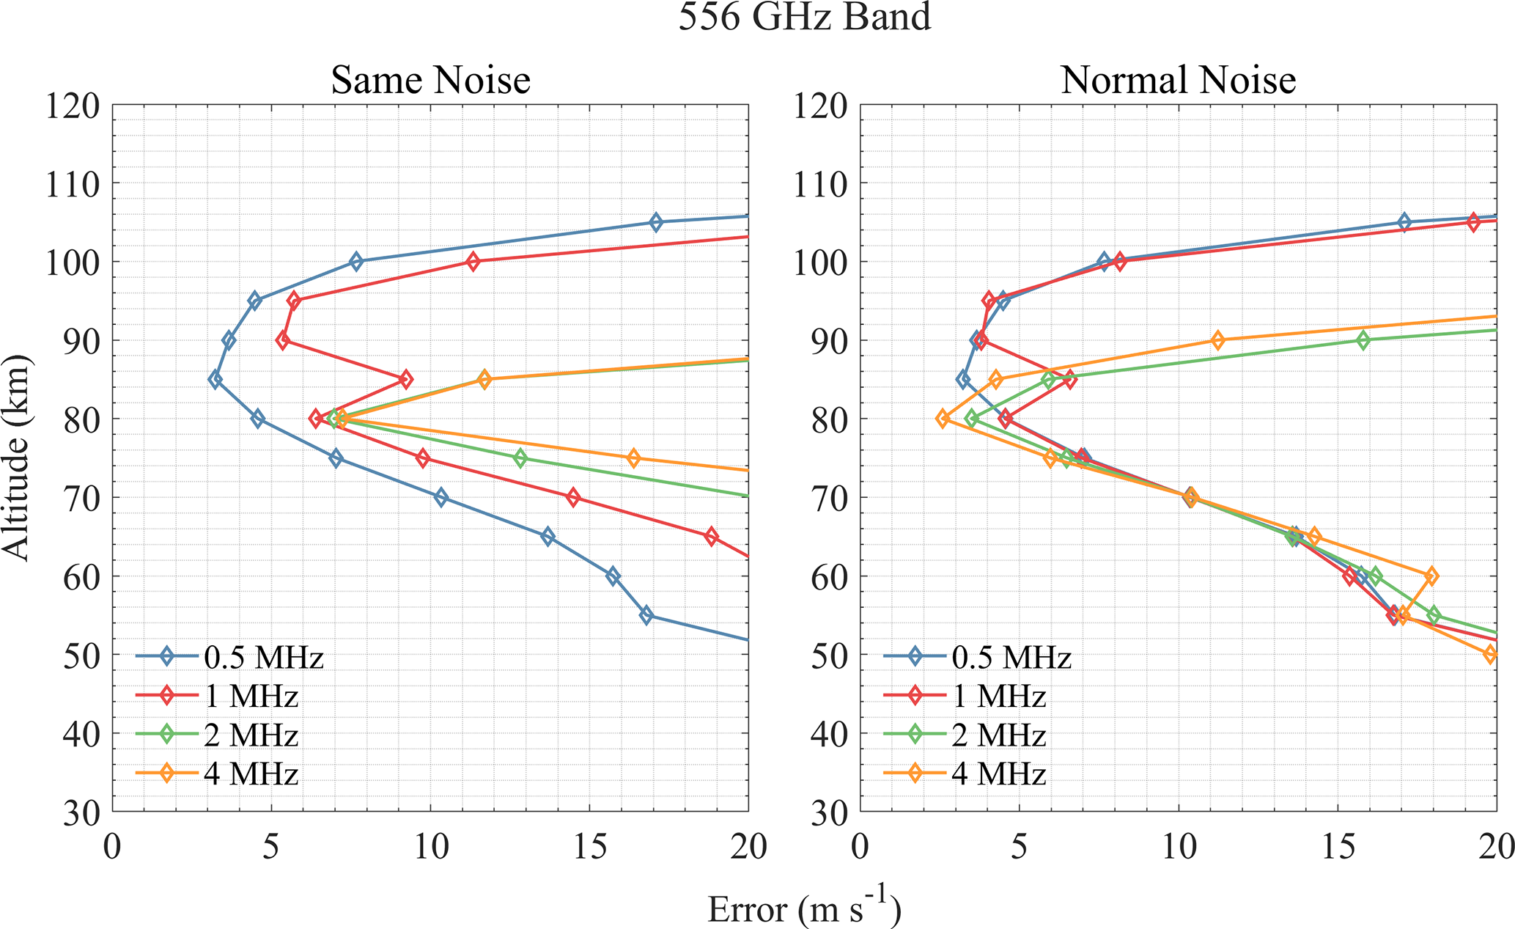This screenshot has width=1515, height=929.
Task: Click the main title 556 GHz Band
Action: pyautogui.click(x=804, y=16)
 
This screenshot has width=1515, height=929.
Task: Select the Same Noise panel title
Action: pyautogui.click(x=430, y=80)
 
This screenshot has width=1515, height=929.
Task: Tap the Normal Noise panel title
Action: pyautogui.click(x=1178, y=80)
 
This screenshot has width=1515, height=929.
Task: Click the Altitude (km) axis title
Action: pyautogui.click(x=16, y=458)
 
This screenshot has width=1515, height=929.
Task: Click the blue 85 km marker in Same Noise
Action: pyautogui.click(x=215, y=380)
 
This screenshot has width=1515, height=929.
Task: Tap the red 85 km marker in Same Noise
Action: pyautogui.click(x=405, y=380)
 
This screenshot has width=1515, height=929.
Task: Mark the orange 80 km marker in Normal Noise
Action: pyautogui.click(x=943, y=419)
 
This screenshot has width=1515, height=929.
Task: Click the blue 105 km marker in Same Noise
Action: pyautogui.click(x=656, y=223)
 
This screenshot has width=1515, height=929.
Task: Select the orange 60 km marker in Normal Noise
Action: pyautogui.click(x=1431, y=576)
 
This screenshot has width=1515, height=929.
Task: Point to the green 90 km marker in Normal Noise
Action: pyautogui.click(x=1363, y=340)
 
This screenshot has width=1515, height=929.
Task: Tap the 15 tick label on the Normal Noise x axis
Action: pyautogui.click(x=1338, y=848)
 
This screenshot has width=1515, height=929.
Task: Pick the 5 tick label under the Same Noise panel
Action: pyautogui.click(x=272, y=848)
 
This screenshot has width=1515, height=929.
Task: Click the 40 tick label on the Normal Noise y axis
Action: pyautogui.click(x=830, y=733)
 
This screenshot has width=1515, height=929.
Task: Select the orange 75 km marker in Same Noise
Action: pyautogui.click(x=634, y=458)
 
